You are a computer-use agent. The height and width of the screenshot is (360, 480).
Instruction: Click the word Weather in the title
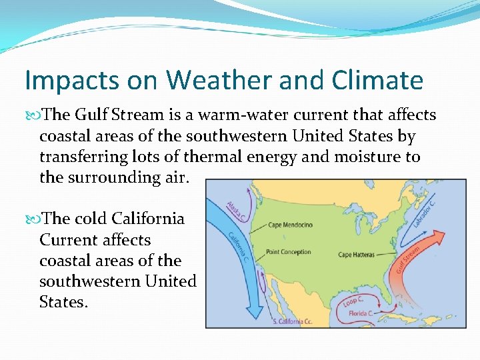(215, 81)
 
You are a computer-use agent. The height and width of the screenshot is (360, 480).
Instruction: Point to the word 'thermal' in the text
(222, 157)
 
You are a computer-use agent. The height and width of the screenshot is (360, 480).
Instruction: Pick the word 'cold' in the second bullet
(91, 219)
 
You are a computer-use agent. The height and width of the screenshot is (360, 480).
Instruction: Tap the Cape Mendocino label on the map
(290, 225)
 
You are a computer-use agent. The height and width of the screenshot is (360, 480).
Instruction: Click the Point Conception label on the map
(288, 252)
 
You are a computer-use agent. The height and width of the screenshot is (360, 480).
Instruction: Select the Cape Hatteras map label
(356, 255)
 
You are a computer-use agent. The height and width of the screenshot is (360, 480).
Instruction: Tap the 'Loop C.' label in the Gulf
(353, 301)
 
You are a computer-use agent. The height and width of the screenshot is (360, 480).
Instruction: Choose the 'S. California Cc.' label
(292, 321)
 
